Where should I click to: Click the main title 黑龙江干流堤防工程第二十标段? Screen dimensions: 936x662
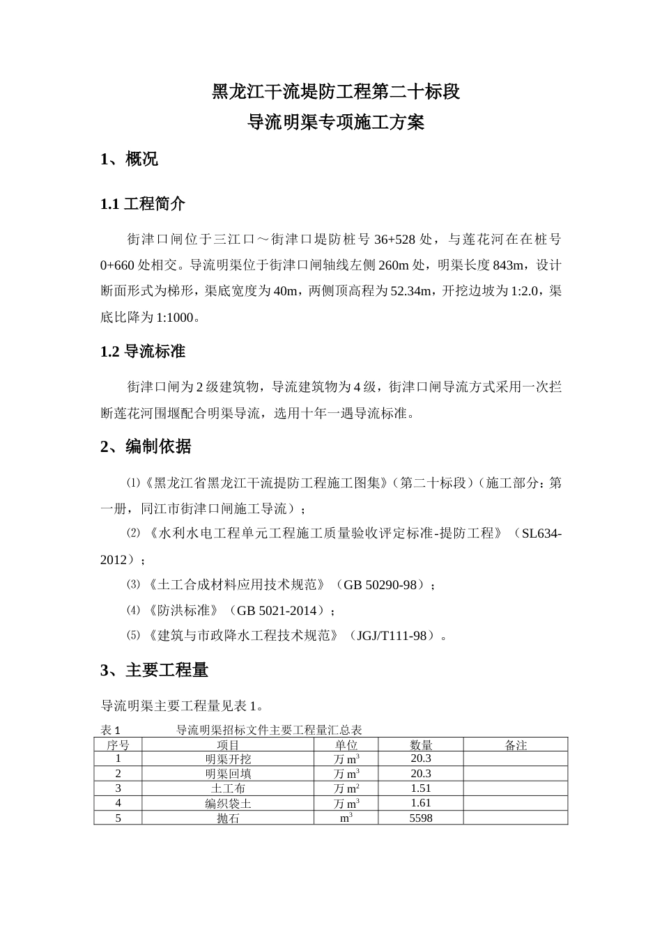click(x=336, y=92)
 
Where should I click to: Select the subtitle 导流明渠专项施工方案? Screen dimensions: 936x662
click(x=336, y=124)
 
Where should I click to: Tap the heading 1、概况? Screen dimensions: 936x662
click(x=130, y=159)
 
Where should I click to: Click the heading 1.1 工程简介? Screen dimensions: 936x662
click(x=143, y=205)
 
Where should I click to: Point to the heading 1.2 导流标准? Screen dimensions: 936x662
click(x=143, y=352)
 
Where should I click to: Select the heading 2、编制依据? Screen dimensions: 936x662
click(x=146, y=447)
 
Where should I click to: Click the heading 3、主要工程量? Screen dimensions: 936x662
click(x=155, y=671)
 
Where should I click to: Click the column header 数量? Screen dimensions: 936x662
click(x=421, y=745)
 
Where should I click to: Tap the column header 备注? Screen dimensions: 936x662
click(x=516, y=745)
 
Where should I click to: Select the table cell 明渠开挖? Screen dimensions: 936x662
click(x=228, y=759)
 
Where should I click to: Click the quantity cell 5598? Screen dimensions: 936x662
click(x=421, y=818)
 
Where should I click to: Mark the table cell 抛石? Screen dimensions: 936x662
click(x=228, y=818)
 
